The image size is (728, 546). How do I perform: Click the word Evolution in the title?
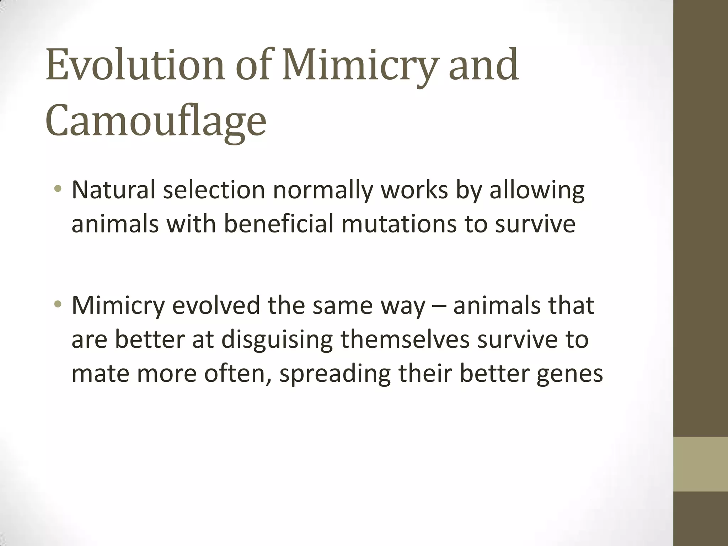pos(135,66)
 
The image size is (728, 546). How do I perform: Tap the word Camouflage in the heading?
pos(156,121)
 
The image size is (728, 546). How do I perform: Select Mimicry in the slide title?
pos(359,66)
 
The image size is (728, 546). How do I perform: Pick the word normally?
pos(323,190)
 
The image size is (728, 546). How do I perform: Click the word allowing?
pos(537,190)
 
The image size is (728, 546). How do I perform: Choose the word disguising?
pos(277,339)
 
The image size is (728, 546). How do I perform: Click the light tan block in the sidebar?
pos(701,464)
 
